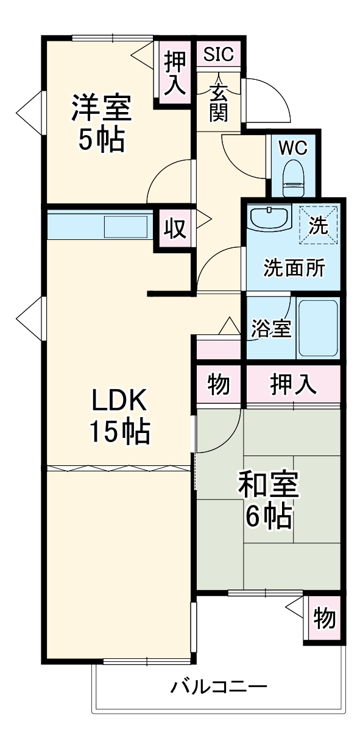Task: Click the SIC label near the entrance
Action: tap(219, 54)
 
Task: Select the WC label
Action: tap(294, 147)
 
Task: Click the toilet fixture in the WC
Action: tap(294, 175)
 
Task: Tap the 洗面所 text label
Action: tap(294, 268)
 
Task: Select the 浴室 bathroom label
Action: tap(271, 329)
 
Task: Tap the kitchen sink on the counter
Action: tap(125, 228)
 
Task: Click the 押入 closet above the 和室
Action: tap(293, 385)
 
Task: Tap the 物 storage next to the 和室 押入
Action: tap(219, 385)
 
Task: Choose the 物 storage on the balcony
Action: tap(324, 619)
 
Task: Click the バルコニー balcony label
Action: tap(219, 688)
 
